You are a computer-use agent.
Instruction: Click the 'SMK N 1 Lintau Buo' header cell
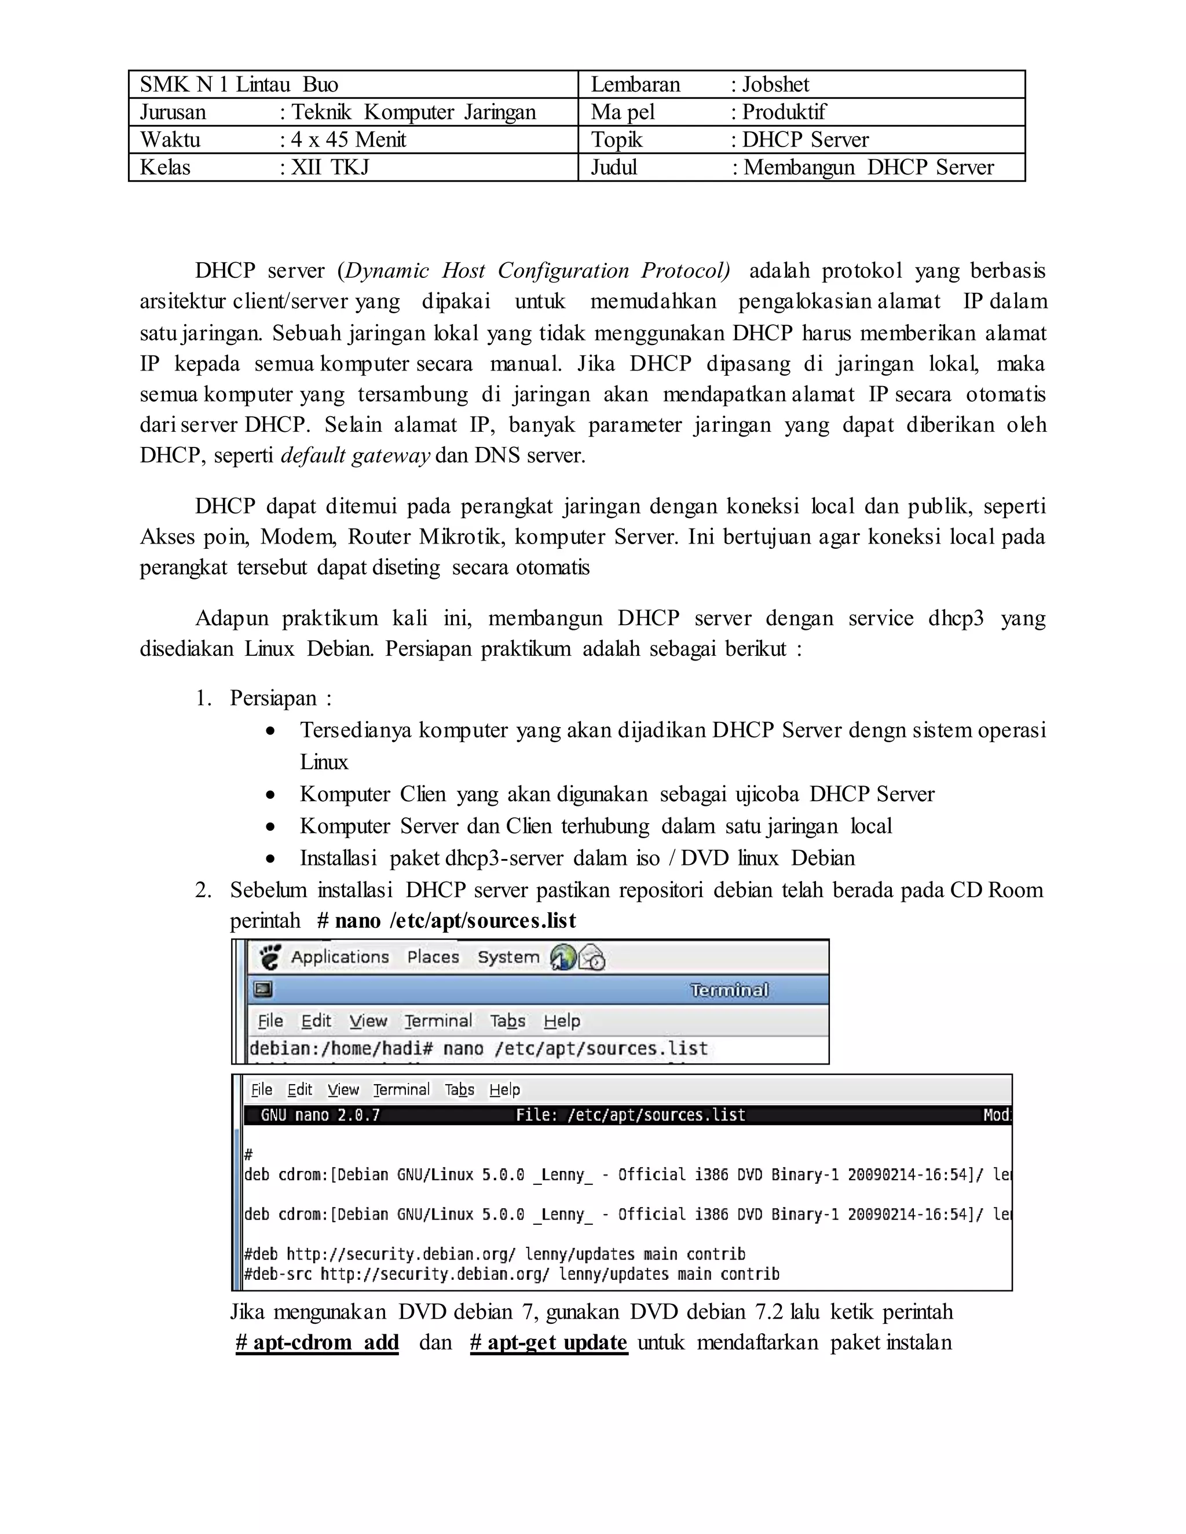239,85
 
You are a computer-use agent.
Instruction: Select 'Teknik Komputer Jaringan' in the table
415,112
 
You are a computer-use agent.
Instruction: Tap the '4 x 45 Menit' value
349,139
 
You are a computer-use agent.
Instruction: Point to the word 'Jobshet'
775,85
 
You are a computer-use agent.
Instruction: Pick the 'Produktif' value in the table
784,112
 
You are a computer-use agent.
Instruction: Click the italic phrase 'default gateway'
355,456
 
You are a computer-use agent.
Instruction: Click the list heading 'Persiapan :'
280,698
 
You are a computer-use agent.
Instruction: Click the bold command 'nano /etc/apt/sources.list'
455,921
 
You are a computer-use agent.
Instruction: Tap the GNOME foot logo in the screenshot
270,957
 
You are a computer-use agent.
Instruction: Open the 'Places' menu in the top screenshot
433,957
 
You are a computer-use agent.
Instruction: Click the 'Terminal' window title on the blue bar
729,990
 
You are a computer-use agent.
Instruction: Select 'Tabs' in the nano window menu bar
459,1089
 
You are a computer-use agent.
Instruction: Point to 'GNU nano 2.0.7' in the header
320,1115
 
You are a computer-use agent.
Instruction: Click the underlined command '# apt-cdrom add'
317,1342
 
